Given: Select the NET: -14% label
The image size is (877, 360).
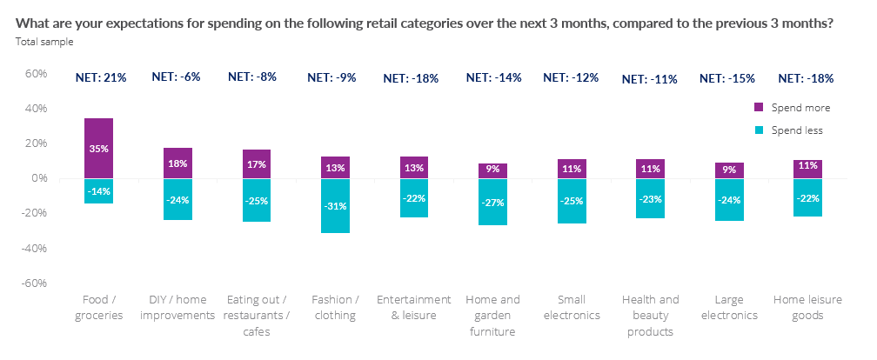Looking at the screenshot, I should [x=493, y=77].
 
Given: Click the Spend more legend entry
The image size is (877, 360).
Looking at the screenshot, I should [x=791, y=108].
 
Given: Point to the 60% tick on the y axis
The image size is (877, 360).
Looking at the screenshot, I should [x=35, y=74].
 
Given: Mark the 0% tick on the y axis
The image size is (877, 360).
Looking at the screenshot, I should [x=38, y=178].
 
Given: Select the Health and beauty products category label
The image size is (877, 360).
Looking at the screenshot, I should [x=651, y=315].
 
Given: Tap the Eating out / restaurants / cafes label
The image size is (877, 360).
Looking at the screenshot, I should [x=257, y=315].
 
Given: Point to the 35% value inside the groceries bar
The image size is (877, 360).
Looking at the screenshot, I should [x=98, y=149].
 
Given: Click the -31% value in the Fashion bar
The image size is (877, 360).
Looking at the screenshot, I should [x=335, y=206].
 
